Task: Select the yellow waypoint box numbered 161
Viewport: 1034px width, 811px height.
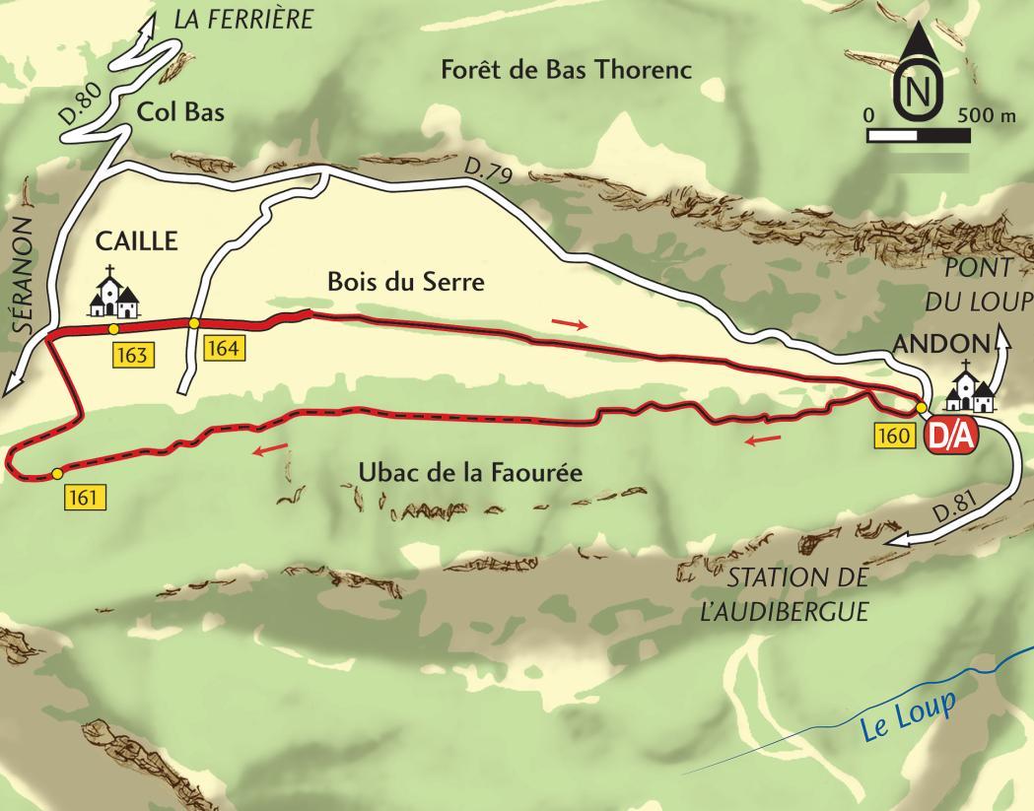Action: coord(85,498)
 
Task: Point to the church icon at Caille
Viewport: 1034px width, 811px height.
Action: coord(115,293)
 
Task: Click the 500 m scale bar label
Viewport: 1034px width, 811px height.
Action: coord(985,115)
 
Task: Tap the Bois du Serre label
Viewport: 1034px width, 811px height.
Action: coord(406,283)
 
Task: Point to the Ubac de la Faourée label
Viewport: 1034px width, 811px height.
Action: coord(470,473)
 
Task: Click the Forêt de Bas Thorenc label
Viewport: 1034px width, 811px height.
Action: coord(566,70)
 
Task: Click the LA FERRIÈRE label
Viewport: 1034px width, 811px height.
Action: coord(242,19)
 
